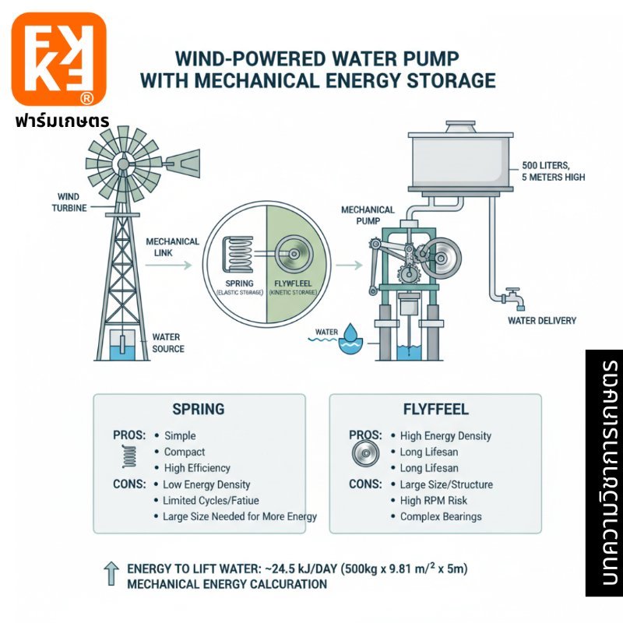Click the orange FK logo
pos(59,58)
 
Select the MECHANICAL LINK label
pos(172,248)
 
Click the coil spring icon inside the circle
pos(237,254)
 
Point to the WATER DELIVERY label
pos(542,320)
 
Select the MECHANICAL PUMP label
pos(368,215)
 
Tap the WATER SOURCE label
pos(168,343)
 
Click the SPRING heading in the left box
pos(198,409)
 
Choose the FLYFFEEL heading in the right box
pos(435,409)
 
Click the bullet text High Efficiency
pos(197,468)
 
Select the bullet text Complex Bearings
pos(441,516)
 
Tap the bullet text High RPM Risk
pos(433,500)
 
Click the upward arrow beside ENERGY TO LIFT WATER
pos(111,574)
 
